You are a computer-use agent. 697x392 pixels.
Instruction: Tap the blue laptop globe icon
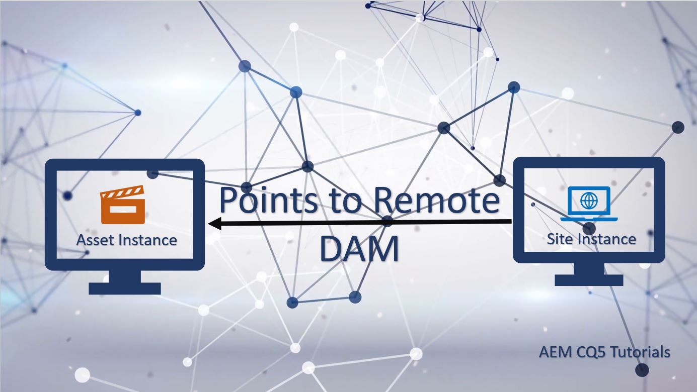click(x=588, y=204)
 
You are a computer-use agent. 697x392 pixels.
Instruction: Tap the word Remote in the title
click(x=436, y=200)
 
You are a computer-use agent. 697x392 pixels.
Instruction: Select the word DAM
click(x=359, y=249)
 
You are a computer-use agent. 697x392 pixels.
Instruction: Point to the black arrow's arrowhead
click(x=214, y=223)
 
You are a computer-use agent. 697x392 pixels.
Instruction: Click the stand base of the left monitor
click(x=124, y=288)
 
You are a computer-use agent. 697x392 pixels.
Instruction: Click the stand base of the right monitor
click(x=589, y=280)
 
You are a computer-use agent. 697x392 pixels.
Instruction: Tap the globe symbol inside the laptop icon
click(x=588, y=201)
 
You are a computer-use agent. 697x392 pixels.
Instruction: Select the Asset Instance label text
click(x=126, y=240)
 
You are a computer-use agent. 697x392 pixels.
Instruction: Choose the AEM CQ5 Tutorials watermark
click(x=604, y=352)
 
